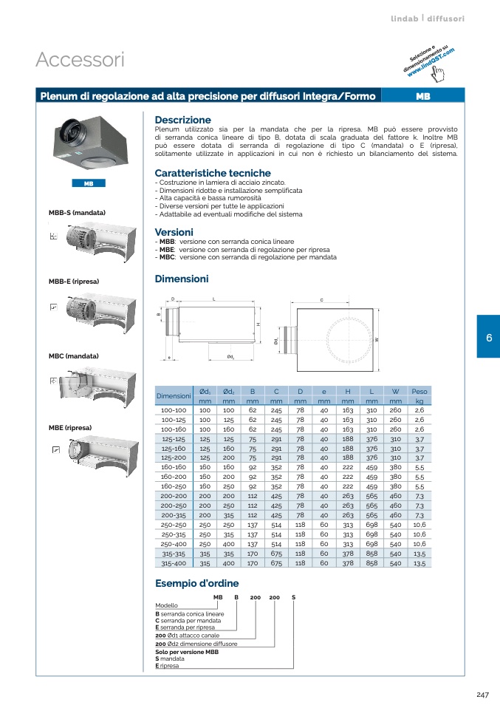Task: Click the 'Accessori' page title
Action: pos(80,60)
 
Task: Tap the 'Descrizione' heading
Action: pos(182,120)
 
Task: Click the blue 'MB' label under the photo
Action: pos(88,183)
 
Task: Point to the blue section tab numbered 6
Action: pos(488,337)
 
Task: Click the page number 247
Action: pos(483,694)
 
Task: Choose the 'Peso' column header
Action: pos(419,391)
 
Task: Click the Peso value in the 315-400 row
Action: pos(419,563)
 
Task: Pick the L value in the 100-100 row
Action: pos(371,410)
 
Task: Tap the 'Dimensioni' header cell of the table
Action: pos(174,395)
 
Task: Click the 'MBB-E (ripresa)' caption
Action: pos(74,282)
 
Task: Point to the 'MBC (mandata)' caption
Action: pos(73,356)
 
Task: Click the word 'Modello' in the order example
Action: pos(166,605)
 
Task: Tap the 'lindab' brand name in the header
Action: pos(405,18)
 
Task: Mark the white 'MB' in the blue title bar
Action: pos(423,96)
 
